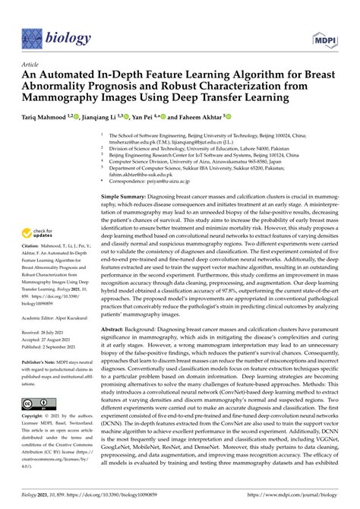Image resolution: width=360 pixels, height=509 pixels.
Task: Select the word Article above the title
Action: (x=30, y=65)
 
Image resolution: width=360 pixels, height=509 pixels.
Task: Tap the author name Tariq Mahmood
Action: (x=52, y=118)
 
